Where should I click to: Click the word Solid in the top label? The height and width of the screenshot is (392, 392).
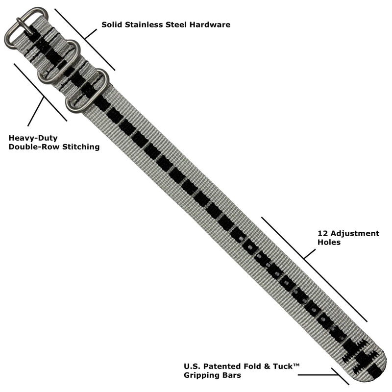pyautogui.click(x=112, y=24)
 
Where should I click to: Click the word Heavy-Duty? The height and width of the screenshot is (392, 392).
pyautogui.click(x=33, y=138)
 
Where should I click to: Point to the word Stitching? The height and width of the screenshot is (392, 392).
pyautogui.click(x=81, y=147)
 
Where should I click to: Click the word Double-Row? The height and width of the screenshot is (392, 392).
pyautogui.click(x=34, y=147)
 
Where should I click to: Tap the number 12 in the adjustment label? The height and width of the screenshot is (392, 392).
pyautogui.click(x=322, y=234)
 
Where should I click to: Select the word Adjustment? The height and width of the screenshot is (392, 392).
pyautogui.click(x=354, y=234)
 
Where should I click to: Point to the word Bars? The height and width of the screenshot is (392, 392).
pyautogui.click(x=232, y=375)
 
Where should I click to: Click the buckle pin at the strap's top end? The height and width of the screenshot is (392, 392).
pyautogui.click(x=24, y=26)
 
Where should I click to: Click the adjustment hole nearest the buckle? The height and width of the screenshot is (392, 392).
pyautogui.click(x=241, y=239)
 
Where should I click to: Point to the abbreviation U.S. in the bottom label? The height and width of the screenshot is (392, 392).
pyautogui.click(x=192, y=366)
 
